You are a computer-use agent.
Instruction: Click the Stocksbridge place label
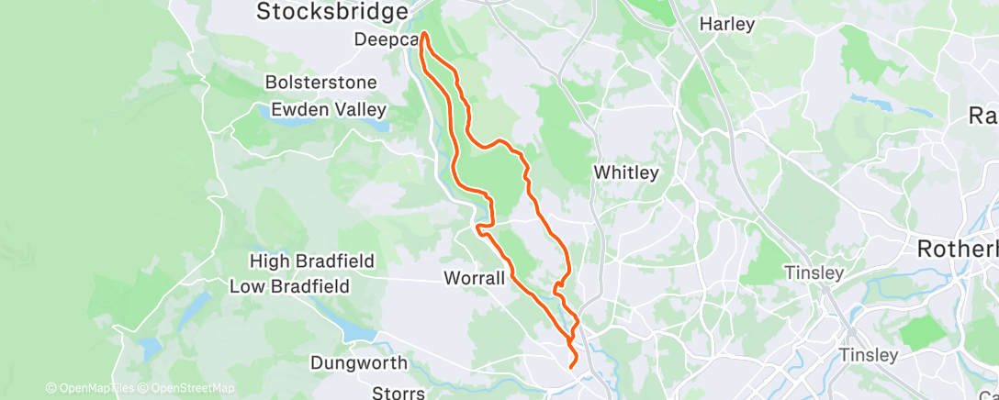tap(331, 12)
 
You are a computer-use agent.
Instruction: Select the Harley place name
tap(726, 24)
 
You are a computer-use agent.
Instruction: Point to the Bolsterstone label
tap(320, 83)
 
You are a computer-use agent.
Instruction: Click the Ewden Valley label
tap(329, 110)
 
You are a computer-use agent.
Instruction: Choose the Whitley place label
tap(626, 172)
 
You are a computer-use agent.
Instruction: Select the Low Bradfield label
tap(290, 286)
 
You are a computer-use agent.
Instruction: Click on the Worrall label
tap(474, 277)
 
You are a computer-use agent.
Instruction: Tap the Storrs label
tap(398, 393)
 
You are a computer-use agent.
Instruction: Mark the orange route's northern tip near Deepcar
tap(424, 37)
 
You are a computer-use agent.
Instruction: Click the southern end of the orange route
tap(572, 366)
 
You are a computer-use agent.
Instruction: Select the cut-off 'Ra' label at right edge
tap(983, 115)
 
